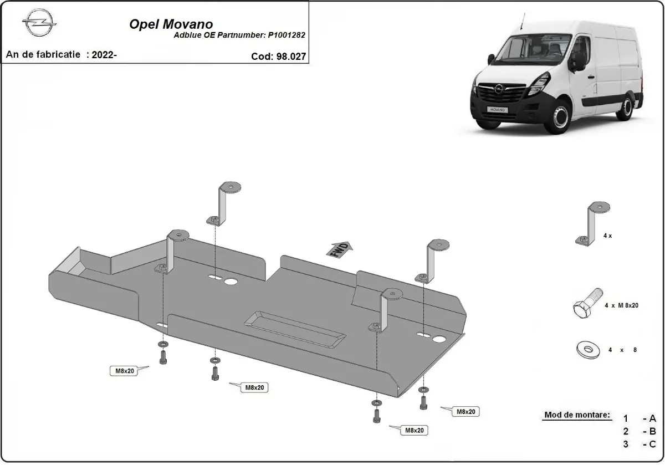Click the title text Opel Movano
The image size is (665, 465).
(171, 24)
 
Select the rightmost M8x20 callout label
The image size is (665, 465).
(466, 411)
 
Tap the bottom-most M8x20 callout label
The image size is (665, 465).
(415, 430)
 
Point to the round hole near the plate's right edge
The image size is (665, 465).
(440, 339)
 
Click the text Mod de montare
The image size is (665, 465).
(577, 415)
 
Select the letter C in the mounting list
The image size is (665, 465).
(652, 444)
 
